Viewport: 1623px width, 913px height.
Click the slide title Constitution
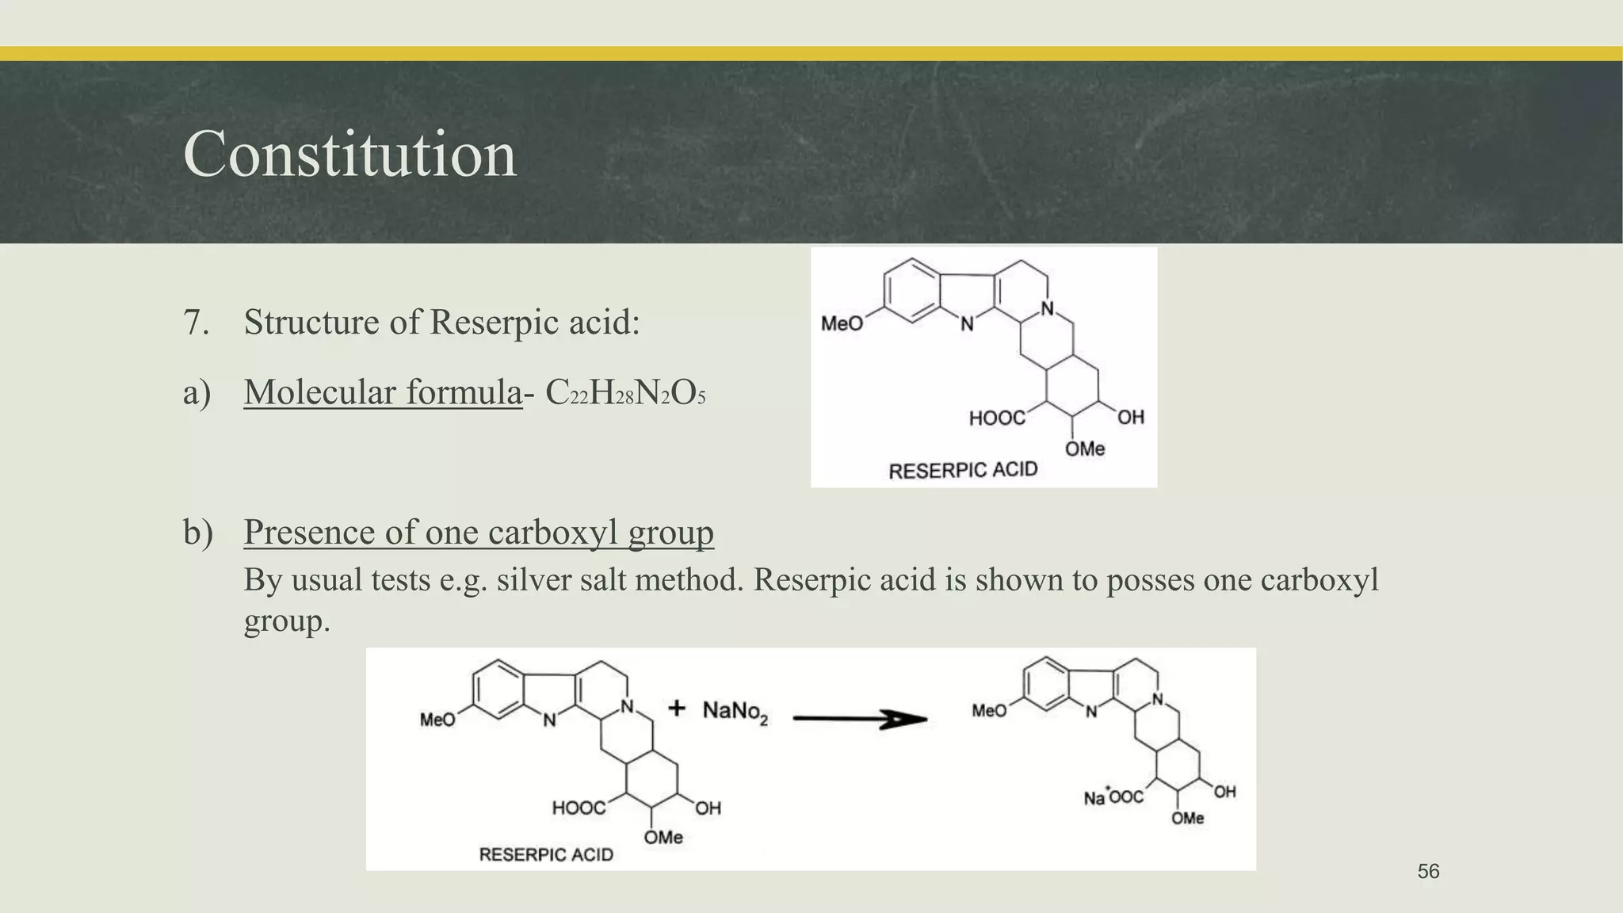pyautogui.click(x=349, y=154)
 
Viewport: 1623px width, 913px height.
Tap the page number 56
pyautogui.click(x=1428, y=872)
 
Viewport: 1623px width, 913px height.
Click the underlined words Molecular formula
pyautogui.click(x=383, y=392)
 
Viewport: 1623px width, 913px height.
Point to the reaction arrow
pyautogui.click(x=860, y=719)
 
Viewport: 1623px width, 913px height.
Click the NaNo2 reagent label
pyautogui.click(x=735, y=711)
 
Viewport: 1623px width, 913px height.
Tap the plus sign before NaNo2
pyautogui.click(x=676, y=708)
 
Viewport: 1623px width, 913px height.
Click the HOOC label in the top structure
pyautogui.click(x=996, y=418)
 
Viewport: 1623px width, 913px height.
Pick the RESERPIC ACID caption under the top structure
pyautogui.click(x=963, y=471)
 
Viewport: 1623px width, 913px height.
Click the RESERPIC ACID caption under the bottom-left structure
pyautogui.click(x=546, y=854)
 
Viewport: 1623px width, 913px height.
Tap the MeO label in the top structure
pyautogui.click(x=842, y=323)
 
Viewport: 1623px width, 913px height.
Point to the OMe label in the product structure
pyautogui.click(x=1187, y=818)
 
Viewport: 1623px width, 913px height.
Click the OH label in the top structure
pyautogui.click(x=1131, y=417)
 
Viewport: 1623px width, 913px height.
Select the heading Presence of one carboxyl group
pyautogui.click(x=479, y=533)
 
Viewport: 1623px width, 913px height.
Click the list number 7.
pyautogui.click(x=196, y=323)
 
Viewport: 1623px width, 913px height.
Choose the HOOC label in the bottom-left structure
pyautogui.click(x=579, y=808)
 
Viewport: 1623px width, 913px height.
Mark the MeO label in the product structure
pyautogui.click(x=989, y=711)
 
